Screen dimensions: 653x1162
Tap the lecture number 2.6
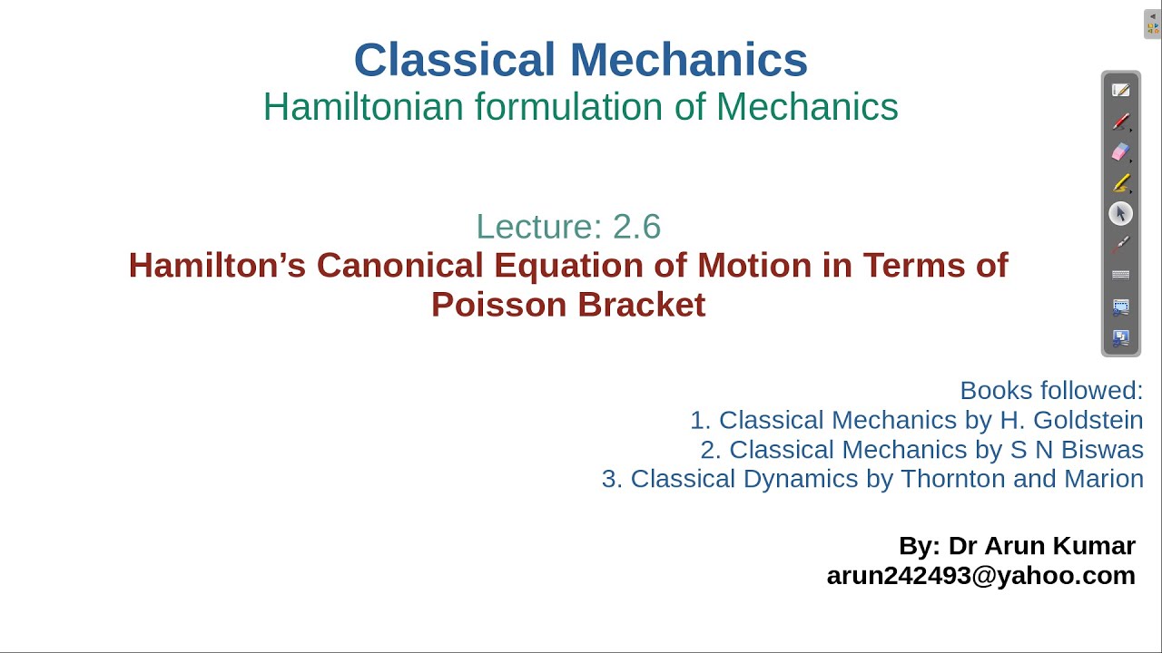[636, 226]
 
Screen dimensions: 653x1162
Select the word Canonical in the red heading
[399, 266]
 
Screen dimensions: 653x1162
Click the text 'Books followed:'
[1051, 390]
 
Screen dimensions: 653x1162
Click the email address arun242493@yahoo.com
[980, 575]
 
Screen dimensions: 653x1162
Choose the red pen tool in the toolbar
[1121, 122]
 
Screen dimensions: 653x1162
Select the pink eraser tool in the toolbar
[1121, 152]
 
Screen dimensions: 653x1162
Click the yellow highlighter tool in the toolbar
[1121, 183]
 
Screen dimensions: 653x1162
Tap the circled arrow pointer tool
[1121, 214]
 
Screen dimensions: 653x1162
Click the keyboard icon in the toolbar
[1121, 276]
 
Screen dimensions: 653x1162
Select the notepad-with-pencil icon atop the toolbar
[1121, 91]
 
